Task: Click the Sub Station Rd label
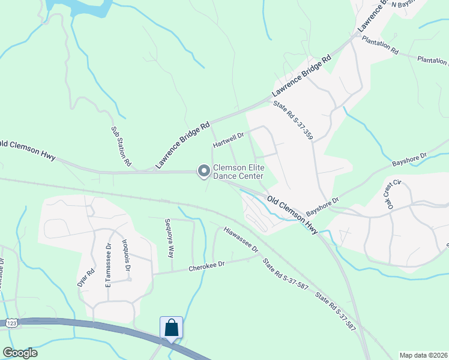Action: coord(120,146)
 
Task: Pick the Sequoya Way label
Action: coord(170,238)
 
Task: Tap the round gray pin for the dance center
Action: coord(203,172)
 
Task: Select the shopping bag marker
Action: coord(171,328)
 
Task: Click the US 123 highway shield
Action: coord(11,323)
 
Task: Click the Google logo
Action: coord(20,353)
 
